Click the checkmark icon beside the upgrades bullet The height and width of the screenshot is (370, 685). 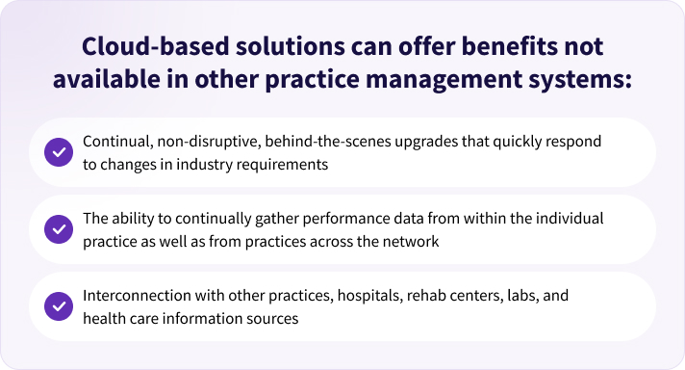(x=58, y=152)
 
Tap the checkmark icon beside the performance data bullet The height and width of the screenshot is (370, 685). (x=58, y=229)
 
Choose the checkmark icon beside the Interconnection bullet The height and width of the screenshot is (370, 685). (x=58, y=306)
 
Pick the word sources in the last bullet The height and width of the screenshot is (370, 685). (x=275, y=318)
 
